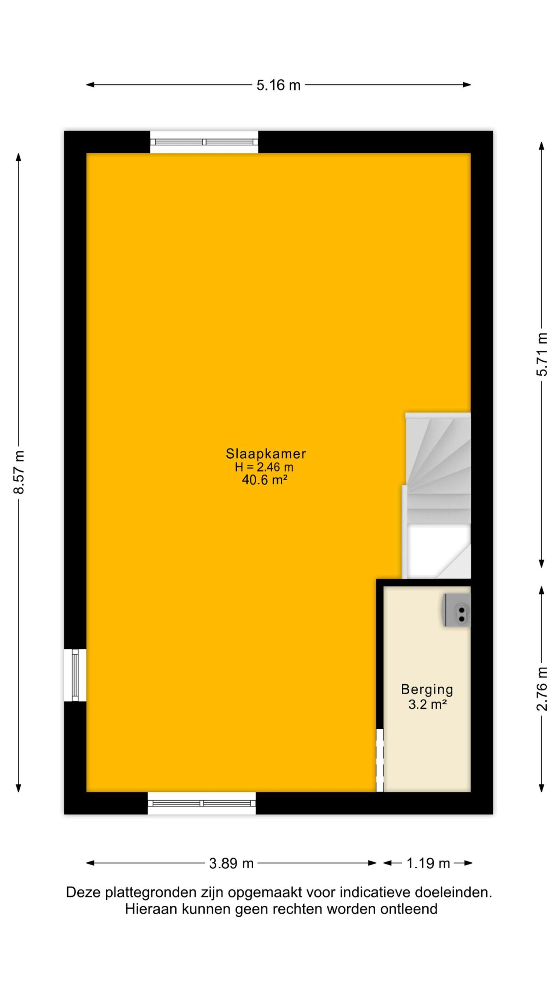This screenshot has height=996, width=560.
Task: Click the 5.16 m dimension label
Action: coord(278,85)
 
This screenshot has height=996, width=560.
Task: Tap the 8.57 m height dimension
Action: coord(19,472)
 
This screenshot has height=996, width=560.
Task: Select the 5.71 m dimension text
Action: coord(542,354)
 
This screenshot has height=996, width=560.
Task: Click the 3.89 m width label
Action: coord(231,863)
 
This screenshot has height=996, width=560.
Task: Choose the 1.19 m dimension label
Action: coord(428,863)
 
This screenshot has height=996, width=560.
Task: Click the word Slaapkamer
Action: coord(266,454)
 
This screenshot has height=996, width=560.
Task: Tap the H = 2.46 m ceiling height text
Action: coord(264,467)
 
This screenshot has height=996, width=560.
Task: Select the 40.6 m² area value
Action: coord(264,480)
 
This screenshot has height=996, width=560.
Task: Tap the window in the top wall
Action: coord(204,142)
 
